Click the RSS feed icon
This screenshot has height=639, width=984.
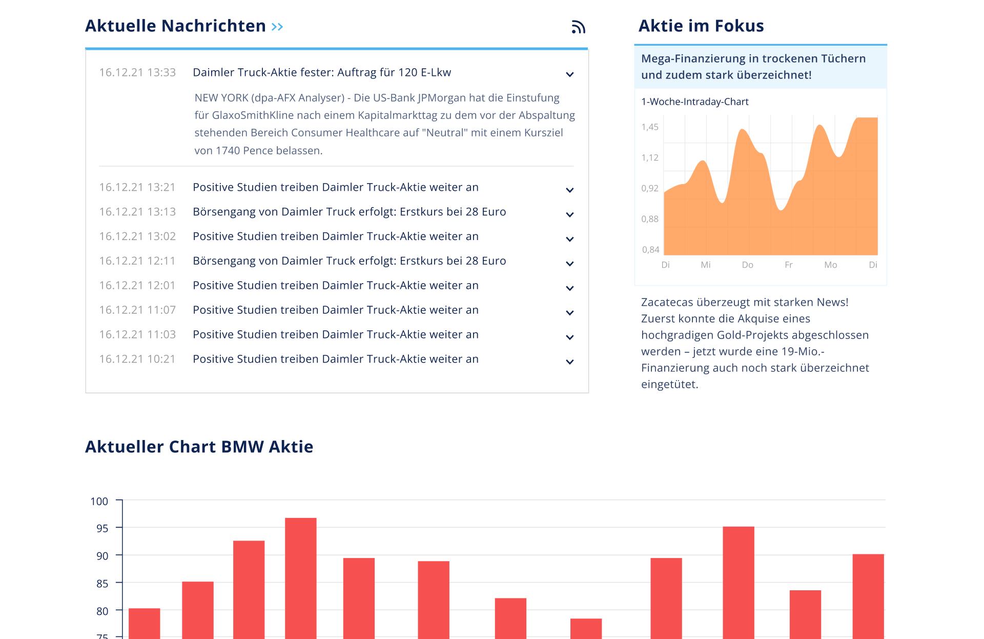click(578, 27)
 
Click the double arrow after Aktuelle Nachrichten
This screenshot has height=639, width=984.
click(277, 27)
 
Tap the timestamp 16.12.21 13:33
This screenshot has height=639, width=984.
click(137, 73)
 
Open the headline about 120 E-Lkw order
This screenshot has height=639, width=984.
click(322, 73)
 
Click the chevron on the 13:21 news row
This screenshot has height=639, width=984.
click(569, 190)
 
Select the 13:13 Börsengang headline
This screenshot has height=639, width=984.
click(349, 212)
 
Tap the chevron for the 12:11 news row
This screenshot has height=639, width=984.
click(569, 264)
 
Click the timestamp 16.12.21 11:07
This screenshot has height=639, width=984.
click(137, 310)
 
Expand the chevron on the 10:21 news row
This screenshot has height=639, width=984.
click(569, 362)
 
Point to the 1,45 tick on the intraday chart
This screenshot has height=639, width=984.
click(650, 127)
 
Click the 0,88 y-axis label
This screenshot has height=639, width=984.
click(650, 219)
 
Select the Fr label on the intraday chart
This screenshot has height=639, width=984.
click(788, 265)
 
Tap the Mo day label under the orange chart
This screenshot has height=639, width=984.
click(830, 265)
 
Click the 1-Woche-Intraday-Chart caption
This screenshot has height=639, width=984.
click(694, 102)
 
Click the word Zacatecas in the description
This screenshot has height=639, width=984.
click(667, 303)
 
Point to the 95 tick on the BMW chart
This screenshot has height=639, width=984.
click(102, 528)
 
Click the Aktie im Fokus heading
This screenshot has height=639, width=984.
click(701, 26)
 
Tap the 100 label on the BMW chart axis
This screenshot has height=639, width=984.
click(99, 502)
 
